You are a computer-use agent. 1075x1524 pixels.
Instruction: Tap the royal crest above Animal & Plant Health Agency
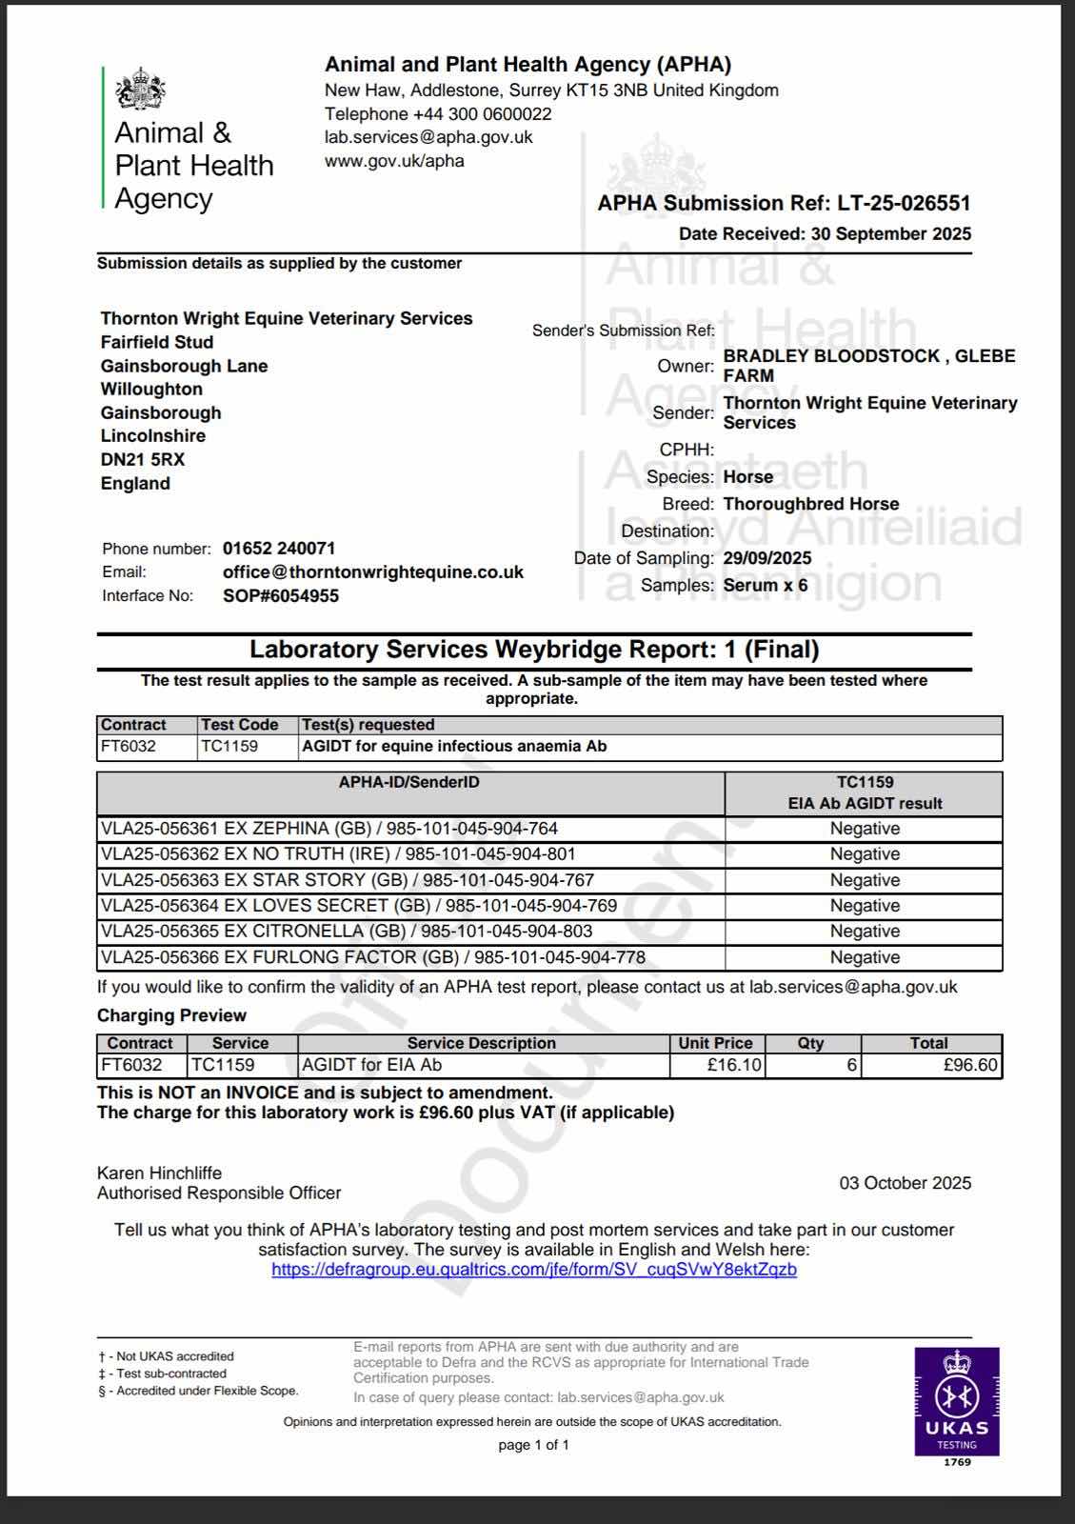click(141, 90)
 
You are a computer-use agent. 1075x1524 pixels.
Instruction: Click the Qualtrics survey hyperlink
click(533, 1270)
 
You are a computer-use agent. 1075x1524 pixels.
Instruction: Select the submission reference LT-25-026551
click(904, 203)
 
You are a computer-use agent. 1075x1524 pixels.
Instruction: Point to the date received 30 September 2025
click(890, 234)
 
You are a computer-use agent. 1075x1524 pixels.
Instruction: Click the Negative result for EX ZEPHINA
click(864, 829)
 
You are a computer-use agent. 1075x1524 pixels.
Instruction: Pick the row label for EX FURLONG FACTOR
click(372, 957)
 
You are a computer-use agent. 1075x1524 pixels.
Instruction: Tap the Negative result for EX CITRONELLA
click(864, 932)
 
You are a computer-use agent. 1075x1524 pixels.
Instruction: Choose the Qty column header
click(810, 1043)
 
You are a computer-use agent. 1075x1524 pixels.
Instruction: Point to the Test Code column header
click(239, 725)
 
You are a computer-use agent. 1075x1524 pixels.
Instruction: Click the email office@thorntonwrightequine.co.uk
click(372, 572)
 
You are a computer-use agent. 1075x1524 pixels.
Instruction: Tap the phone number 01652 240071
click(278, 549)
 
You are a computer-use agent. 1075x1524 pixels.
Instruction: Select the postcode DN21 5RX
click(143, 459)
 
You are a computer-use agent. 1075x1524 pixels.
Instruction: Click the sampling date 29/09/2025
click(766, 558)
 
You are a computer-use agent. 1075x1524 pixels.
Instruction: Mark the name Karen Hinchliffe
click(159, 1173)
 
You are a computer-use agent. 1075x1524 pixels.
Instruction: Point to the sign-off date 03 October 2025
click(905, 1183)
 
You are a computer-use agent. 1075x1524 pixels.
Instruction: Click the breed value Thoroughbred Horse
click(810, 504)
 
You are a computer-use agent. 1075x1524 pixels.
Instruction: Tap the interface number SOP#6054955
click(280, 596)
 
